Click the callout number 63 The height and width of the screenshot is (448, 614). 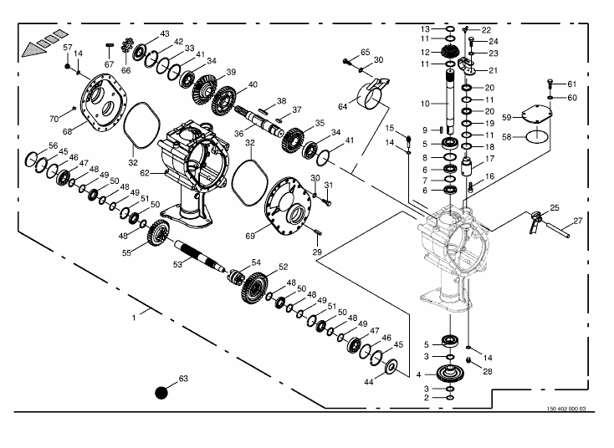(x=183, y=379)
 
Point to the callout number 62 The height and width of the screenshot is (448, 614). (x=144, y=172)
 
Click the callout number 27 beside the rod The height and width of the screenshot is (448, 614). (x=576, y=221)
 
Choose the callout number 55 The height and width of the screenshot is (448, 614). (x=126, y=252)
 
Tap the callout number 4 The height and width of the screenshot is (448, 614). (x=419, y=374)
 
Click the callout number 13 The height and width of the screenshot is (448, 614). (x=425, y=29)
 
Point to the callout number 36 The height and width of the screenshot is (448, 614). (x=238, y=133)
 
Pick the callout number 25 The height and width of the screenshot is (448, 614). (x=554, y=207)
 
